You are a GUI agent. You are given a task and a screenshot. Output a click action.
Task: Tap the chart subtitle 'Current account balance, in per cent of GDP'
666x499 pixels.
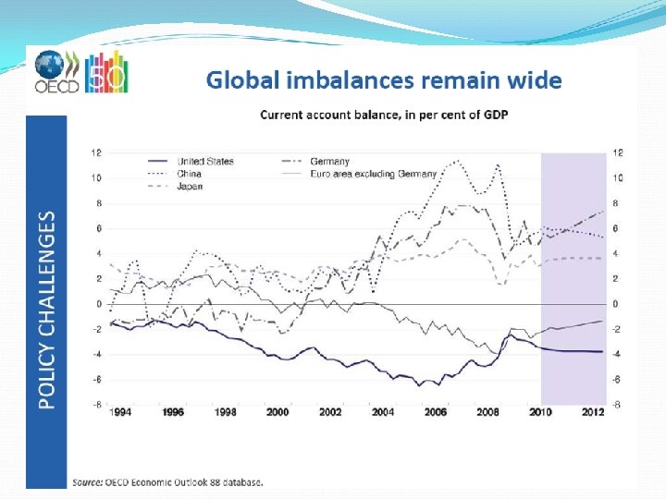coord(384,115)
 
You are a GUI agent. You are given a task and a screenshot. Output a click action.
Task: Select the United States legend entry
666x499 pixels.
coord(205,161)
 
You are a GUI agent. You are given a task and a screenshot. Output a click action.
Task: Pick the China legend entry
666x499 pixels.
coord(191,173)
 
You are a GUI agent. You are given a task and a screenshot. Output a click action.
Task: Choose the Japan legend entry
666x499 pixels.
coord(191,186)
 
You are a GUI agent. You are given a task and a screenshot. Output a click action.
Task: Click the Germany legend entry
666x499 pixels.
coord(329,161)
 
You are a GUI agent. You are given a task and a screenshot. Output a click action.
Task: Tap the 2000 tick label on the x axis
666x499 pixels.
coord(277,413)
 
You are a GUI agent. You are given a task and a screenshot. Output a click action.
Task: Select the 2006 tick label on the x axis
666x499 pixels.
coord(435,413)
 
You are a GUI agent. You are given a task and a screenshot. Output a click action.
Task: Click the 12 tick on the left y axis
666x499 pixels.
coord(95,152)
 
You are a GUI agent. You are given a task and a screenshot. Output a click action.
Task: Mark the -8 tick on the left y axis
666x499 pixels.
coord(95,405)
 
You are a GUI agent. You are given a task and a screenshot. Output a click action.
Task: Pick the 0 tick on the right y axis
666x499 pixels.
coord(617,304)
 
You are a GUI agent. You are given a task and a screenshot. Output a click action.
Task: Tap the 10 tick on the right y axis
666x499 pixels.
coord(618,177)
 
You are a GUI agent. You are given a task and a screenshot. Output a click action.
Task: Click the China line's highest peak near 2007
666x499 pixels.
coord(457,161)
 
